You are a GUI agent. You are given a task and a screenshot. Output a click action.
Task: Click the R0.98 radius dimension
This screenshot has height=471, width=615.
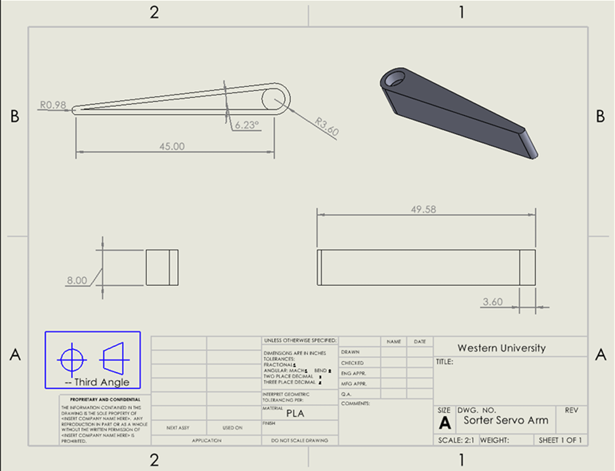52,104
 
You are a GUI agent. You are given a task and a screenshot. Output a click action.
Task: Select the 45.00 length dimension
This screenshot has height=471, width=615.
172,146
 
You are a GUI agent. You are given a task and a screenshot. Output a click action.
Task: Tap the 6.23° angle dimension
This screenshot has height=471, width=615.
247,123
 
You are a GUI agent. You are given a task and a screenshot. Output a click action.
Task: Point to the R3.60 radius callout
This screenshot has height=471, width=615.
326,127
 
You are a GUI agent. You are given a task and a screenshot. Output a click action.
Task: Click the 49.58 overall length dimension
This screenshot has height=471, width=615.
423,209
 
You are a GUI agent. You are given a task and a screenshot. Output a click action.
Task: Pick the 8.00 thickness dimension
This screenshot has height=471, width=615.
76,280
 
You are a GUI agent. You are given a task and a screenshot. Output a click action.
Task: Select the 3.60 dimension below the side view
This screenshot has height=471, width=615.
492,302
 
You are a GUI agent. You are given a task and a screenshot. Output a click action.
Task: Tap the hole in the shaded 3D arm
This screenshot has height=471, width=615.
395,79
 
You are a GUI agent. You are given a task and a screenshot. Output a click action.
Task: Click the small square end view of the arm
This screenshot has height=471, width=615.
161,267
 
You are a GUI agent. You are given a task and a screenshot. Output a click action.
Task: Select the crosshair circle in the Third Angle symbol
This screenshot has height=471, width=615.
72,359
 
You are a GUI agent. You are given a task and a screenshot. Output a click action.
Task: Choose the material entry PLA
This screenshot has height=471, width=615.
295,414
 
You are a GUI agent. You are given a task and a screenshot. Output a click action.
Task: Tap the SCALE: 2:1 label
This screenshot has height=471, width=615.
457,440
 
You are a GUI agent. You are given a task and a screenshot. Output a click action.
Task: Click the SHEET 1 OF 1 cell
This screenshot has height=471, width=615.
560,440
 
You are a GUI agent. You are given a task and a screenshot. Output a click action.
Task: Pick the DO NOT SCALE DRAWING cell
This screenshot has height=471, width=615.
299,440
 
